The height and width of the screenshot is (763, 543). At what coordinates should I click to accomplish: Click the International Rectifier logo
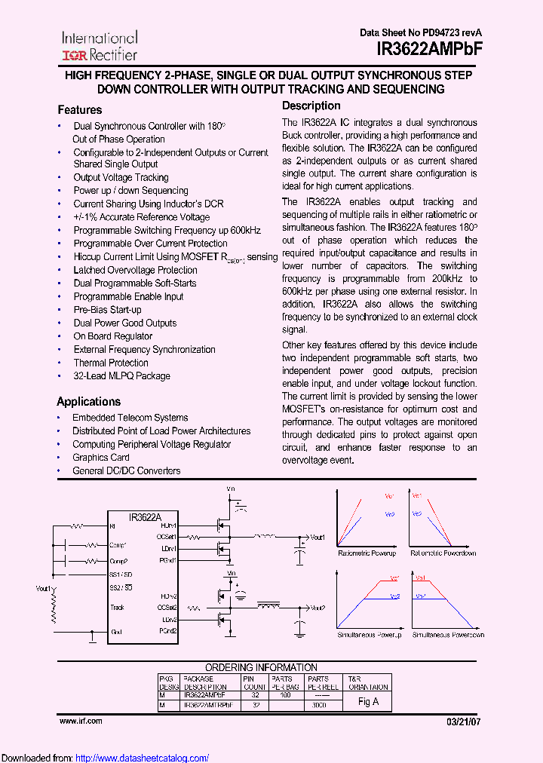(x=99, y=45)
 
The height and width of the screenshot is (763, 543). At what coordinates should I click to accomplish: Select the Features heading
(x=79, y=109)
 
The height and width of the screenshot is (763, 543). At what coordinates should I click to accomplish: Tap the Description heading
(x=311, y=106)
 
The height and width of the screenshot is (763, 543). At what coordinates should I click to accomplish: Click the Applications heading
(x=88, y=402)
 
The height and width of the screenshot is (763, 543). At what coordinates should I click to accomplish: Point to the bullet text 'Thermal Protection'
(x=110, y=363)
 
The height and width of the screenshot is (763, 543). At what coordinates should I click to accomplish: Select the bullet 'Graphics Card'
(x=100, y=458)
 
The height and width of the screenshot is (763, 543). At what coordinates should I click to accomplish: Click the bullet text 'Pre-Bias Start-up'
(x=107, y=310)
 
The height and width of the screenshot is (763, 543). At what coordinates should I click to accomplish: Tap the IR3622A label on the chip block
(x=146, y=517)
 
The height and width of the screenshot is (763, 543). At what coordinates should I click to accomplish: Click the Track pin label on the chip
(x=117, y=607)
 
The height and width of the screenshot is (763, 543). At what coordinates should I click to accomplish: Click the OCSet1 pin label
(x=167, y=537)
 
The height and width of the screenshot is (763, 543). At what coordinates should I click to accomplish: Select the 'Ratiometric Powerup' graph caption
(x=367, y=553)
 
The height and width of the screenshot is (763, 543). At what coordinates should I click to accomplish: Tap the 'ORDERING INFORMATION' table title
(x=262, y=667)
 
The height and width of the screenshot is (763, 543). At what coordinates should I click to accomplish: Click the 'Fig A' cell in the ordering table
(x=368, y=701)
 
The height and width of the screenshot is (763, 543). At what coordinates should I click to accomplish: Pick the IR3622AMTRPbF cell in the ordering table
(x=207, y=705)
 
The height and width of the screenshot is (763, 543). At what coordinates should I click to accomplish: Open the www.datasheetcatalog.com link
(x=143, y=758)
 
